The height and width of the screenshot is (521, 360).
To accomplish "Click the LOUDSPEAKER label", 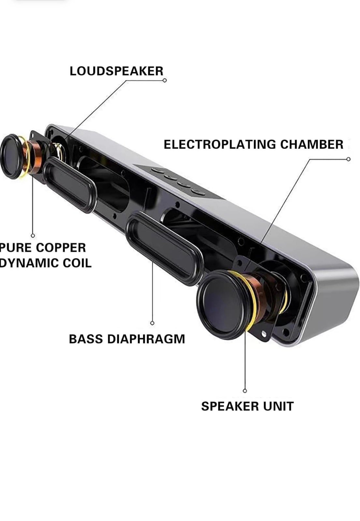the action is [116, 71].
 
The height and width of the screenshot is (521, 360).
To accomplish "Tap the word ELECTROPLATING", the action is [220, 145].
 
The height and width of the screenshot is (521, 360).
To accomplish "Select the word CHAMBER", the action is [311, 145].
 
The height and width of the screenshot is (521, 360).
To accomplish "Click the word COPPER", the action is [61, 247].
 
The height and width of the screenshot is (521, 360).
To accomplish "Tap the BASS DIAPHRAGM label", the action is [127, 339].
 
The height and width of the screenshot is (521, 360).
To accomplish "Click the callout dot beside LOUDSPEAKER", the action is [165, 80].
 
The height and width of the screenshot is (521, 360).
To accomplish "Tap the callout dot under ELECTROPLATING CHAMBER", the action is [348, 159].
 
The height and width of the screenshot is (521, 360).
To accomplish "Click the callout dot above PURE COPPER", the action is [33, 236].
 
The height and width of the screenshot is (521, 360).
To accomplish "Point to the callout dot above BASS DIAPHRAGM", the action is [152, 323].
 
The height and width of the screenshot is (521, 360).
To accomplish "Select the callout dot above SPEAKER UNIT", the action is [245, 391].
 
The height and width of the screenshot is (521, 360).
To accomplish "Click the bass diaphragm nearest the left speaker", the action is [70, 185].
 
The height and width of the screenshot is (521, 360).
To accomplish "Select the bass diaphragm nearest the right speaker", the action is [164, 249].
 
